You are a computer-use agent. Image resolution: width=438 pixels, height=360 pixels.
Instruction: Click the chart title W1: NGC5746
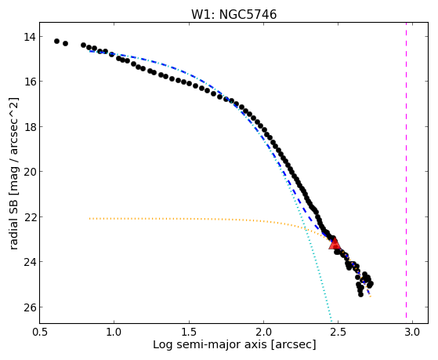pyautogui.click(x=233, y=15)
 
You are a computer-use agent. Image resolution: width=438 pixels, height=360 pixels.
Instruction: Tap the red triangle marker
pyautogui.click(x=334, y=243)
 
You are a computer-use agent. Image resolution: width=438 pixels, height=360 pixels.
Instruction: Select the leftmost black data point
pyautogui.click(x=56, y=41)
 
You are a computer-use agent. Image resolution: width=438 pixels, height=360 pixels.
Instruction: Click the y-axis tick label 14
pyautogui.click(x=29, y=37)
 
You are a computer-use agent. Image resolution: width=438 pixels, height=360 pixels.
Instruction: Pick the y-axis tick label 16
pyautogui.click(x=29, y=82)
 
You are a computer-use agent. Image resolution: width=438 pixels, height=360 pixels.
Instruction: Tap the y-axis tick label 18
pyautogui.click(x=29, y=127)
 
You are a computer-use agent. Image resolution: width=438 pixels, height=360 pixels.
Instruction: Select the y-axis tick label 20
pyautogui.click(x=29, y=172)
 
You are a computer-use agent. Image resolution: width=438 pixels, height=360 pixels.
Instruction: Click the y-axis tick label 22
pyautogui.click(x=29, y=216)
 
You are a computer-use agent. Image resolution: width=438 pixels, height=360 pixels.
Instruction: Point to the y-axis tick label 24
pyautogui.click(x=29, y=262)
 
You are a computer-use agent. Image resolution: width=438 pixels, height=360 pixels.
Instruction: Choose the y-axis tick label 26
pyautogui.click(x=29, y=307)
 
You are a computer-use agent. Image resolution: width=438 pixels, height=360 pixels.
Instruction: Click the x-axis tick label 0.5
pyautogui.click(x=40, y=333)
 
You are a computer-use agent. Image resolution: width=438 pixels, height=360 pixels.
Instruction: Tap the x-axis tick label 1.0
pyautogui.click(x=114, y=333)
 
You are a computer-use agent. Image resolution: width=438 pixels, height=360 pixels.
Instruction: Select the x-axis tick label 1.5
pyautogui.click(x=189, y=333)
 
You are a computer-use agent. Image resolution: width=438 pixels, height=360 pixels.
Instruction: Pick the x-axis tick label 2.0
pyautogui.click(x=264, y=333)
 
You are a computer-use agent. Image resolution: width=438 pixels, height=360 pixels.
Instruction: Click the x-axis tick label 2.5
pyautogui.click(x=338, y=333)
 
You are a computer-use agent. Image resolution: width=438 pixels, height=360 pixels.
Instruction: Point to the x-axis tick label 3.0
pyautogui.click(x=413, y=333)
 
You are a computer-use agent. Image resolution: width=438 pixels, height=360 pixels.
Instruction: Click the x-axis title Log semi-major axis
pyautogui.click(x=210, y=345)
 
